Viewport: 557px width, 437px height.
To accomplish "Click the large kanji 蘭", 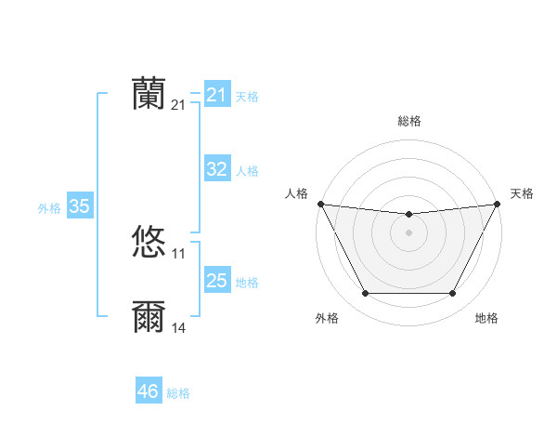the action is coord(149,93).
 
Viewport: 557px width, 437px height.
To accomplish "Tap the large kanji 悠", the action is coord(149,242).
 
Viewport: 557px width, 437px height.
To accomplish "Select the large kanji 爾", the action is coord(149,317).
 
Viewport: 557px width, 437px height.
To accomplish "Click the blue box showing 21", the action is coord(216,95).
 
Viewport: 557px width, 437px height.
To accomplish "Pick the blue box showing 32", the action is coord(216,169).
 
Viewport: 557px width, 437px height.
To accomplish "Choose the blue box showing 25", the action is coord(216,280).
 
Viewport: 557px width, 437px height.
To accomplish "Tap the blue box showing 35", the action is coord(79,206).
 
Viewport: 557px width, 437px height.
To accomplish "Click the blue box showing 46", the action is coord(148,391).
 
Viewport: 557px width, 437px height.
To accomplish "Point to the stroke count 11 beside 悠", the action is coord(179,254).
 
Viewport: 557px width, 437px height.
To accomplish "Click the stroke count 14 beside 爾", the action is coord(179,328).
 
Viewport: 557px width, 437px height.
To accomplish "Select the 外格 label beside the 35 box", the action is coord(49,208).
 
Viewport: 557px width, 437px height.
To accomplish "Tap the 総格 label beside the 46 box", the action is coord(178,393).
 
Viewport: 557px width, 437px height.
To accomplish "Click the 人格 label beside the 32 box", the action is coord(247,171).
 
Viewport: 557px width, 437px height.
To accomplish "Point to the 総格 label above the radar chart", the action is coord(408,121).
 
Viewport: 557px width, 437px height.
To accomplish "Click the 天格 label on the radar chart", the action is coord(522,193).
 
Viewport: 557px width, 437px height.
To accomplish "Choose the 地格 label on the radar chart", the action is coord(486,319).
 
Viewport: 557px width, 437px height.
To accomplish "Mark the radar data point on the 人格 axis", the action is coord(320,204).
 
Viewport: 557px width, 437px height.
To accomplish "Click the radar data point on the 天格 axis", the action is coord(498,204).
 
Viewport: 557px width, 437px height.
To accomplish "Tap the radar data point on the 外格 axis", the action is coord(365,294).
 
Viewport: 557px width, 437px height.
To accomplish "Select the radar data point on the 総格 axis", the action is coord(408,215).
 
